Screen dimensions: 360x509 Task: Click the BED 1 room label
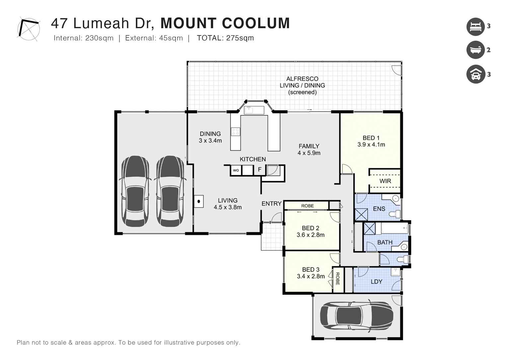pos(371,138)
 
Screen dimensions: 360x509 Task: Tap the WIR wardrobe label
pos(385,181)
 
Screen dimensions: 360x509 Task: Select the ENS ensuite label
pos(379,209)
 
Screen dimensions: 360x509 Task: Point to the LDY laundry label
pos(376,281)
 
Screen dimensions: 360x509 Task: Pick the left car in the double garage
pos(135,191)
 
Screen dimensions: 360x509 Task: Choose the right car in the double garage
pos(170,191)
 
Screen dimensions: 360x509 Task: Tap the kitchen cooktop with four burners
pos(236,132)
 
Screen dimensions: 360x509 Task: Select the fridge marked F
pos(259,170)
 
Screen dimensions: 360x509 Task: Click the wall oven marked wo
pos(236,170)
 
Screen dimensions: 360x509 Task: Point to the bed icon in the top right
pos(475,27)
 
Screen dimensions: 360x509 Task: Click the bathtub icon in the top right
pos(475,50)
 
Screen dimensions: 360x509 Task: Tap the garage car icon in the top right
pos(475,74)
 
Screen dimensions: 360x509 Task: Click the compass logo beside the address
pos(28,29)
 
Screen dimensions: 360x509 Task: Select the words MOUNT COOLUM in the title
pos(225,23)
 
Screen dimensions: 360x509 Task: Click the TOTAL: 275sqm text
pos(225,38)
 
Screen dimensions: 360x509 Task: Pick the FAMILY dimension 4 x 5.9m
pos(309,153)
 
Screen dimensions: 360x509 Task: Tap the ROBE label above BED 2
pos(307,206)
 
